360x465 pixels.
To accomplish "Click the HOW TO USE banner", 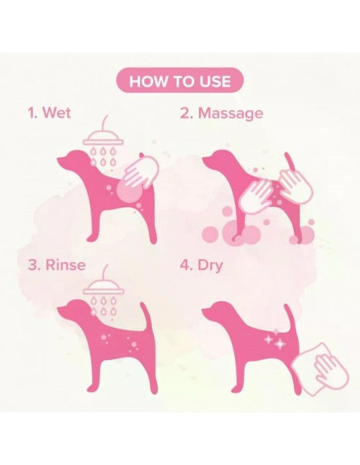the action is click(180, 80).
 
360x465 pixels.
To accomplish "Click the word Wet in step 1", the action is click(57, 113).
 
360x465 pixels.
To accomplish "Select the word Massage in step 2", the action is click(230, 113).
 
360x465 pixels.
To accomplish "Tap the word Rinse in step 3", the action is click(65, 264).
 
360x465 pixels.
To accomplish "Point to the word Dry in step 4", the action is click(210, 265).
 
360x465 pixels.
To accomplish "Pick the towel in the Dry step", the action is click(319, 369).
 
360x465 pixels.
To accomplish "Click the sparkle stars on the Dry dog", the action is click(276, 339).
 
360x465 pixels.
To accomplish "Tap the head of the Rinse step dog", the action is click(73, 311).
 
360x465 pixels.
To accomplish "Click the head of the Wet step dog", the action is click(73, 160).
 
